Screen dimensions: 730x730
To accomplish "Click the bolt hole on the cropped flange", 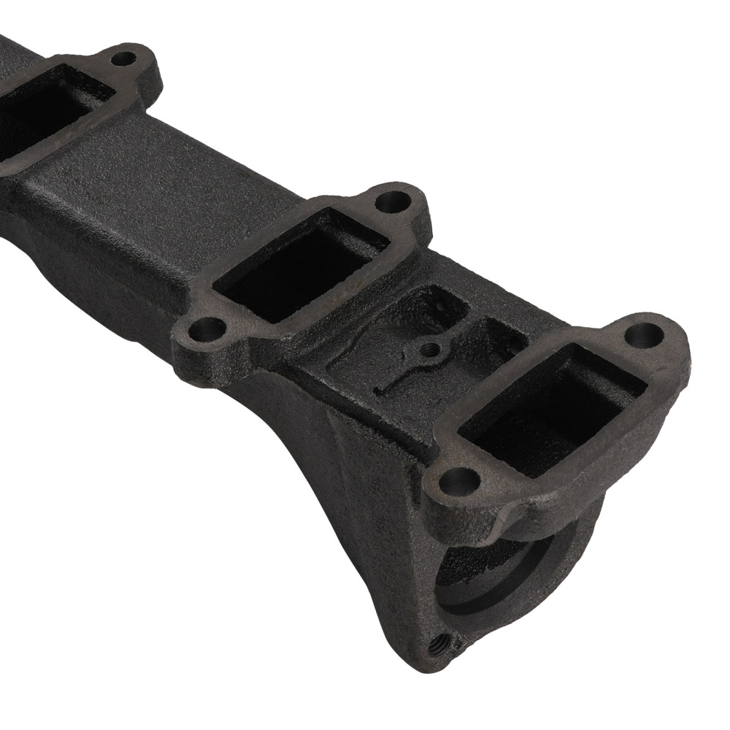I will pyautogui.click(x=125, y=57).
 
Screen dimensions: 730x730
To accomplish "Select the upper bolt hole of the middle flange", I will pyautogui.click(x=394, y=199).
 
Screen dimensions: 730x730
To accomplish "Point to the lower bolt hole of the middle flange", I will pyautogui.click(x=207, y=330).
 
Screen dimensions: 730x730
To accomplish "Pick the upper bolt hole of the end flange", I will pyautogui.click(x=645, y=335).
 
